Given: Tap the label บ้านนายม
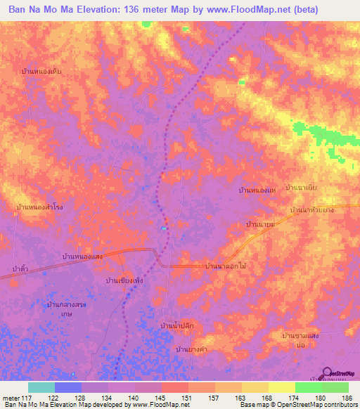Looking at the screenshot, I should pyautogui.click(x=259, y=223).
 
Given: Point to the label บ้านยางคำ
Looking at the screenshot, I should pyautogui.click(x=191, y=349).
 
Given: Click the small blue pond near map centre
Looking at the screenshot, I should pyautogui.click(x=164, y=228).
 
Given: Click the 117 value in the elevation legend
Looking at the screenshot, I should pyautogui.click(x=27, y=397).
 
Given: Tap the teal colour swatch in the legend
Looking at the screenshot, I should pyautogui.click(x=41, y=387).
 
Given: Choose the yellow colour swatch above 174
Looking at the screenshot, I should pyautogui.click(x=281, y=387).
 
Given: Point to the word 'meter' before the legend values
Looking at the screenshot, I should pyautogui.click(x=11, y=397).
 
